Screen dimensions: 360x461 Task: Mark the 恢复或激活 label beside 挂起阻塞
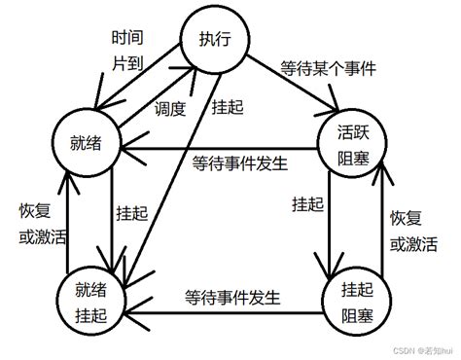(413, 230)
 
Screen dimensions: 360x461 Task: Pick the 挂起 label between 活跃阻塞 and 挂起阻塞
(309, 204)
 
